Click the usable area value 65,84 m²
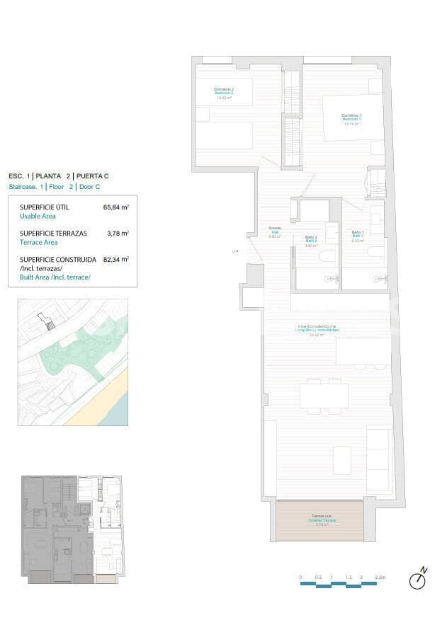pos(116,207)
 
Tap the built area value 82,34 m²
pos(116,260)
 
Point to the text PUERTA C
pos(92,176)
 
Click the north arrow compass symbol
pos(418,580)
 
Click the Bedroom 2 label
pos(224,93)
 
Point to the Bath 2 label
pos(311,241)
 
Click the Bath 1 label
pos(358,236)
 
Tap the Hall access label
pos(275,232)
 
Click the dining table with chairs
pos(324,396)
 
